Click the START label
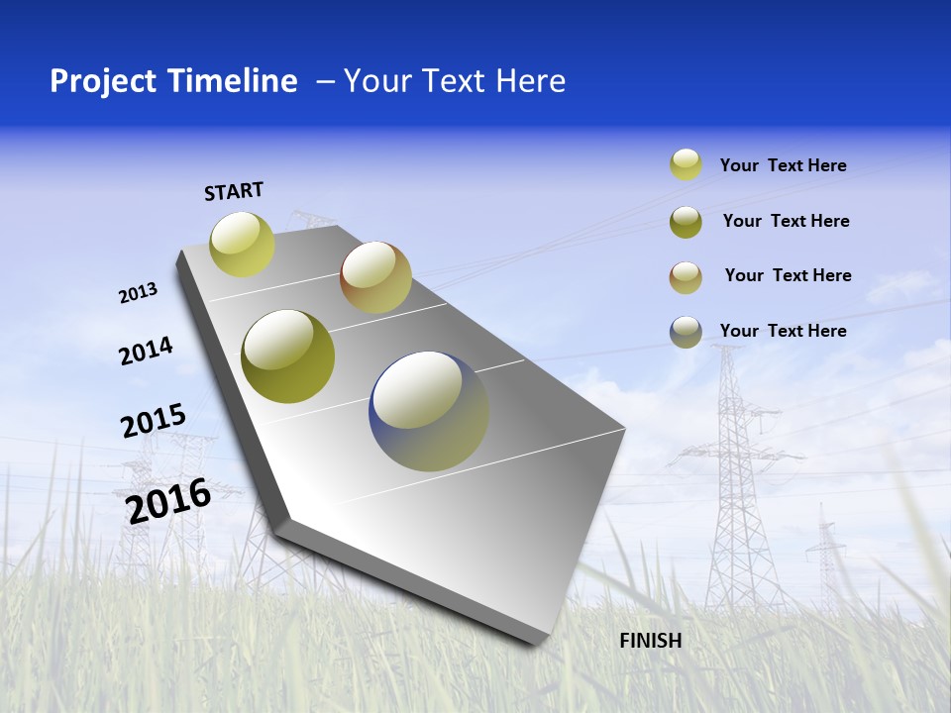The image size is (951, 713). (x=234, y=191)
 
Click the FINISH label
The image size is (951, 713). (x=650, y=641)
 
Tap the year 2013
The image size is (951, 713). (x=138, y=293)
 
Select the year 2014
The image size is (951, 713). (x=146, y=351)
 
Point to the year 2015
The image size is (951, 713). (x=154, y=421)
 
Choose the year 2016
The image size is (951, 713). (x=168, y=500)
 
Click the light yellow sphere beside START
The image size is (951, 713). (x=242, y=244)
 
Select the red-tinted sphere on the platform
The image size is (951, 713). (x=375, y=277)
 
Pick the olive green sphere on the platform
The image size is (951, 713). (x=287, y=356)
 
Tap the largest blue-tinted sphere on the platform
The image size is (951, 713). (x=429, y=411)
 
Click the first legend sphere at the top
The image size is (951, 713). (x=686, y=164)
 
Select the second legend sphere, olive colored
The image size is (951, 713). (x=686, y=222)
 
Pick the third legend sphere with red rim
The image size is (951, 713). (x=686, y=277)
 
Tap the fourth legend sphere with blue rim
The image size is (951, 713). (x=686, y=332)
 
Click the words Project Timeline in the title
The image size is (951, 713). (x=173, y=81)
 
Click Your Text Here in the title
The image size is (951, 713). (x=454, y=81)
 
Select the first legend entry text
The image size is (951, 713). (x=783, y=165)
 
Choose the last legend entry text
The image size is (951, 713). (x=783, y=331)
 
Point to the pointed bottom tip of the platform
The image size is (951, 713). (x=535, y=641)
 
